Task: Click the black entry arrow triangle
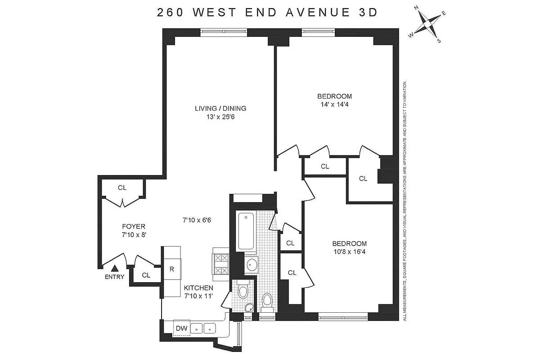click(114, 268)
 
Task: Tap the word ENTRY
click(114, 277)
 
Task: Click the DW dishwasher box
click(181, 328)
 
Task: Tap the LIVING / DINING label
click(220, 108)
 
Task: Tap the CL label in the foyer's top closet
click(122, 188)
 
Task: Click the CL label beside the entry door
click(146, 275)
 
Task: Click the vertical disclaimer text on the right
click(405, 201)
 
